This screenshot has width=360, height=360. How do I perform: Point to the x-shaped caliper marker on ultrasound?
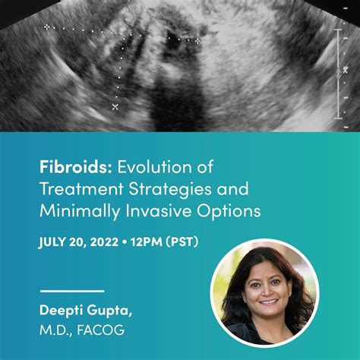pos(115,107)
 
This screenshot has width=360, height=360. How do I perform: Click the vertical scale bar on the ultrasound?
pos(338,74)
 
